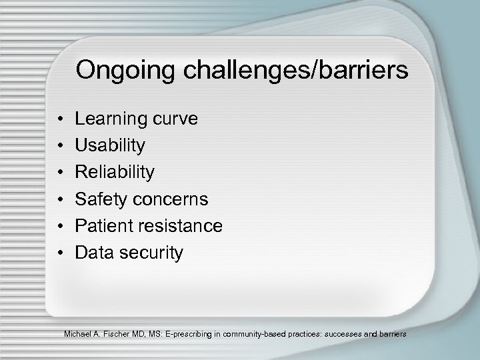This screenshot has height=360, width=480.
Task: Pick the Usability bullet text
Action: pos(110,146)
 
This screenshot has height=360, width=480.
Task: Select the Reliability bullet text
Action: pos(115,173)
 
